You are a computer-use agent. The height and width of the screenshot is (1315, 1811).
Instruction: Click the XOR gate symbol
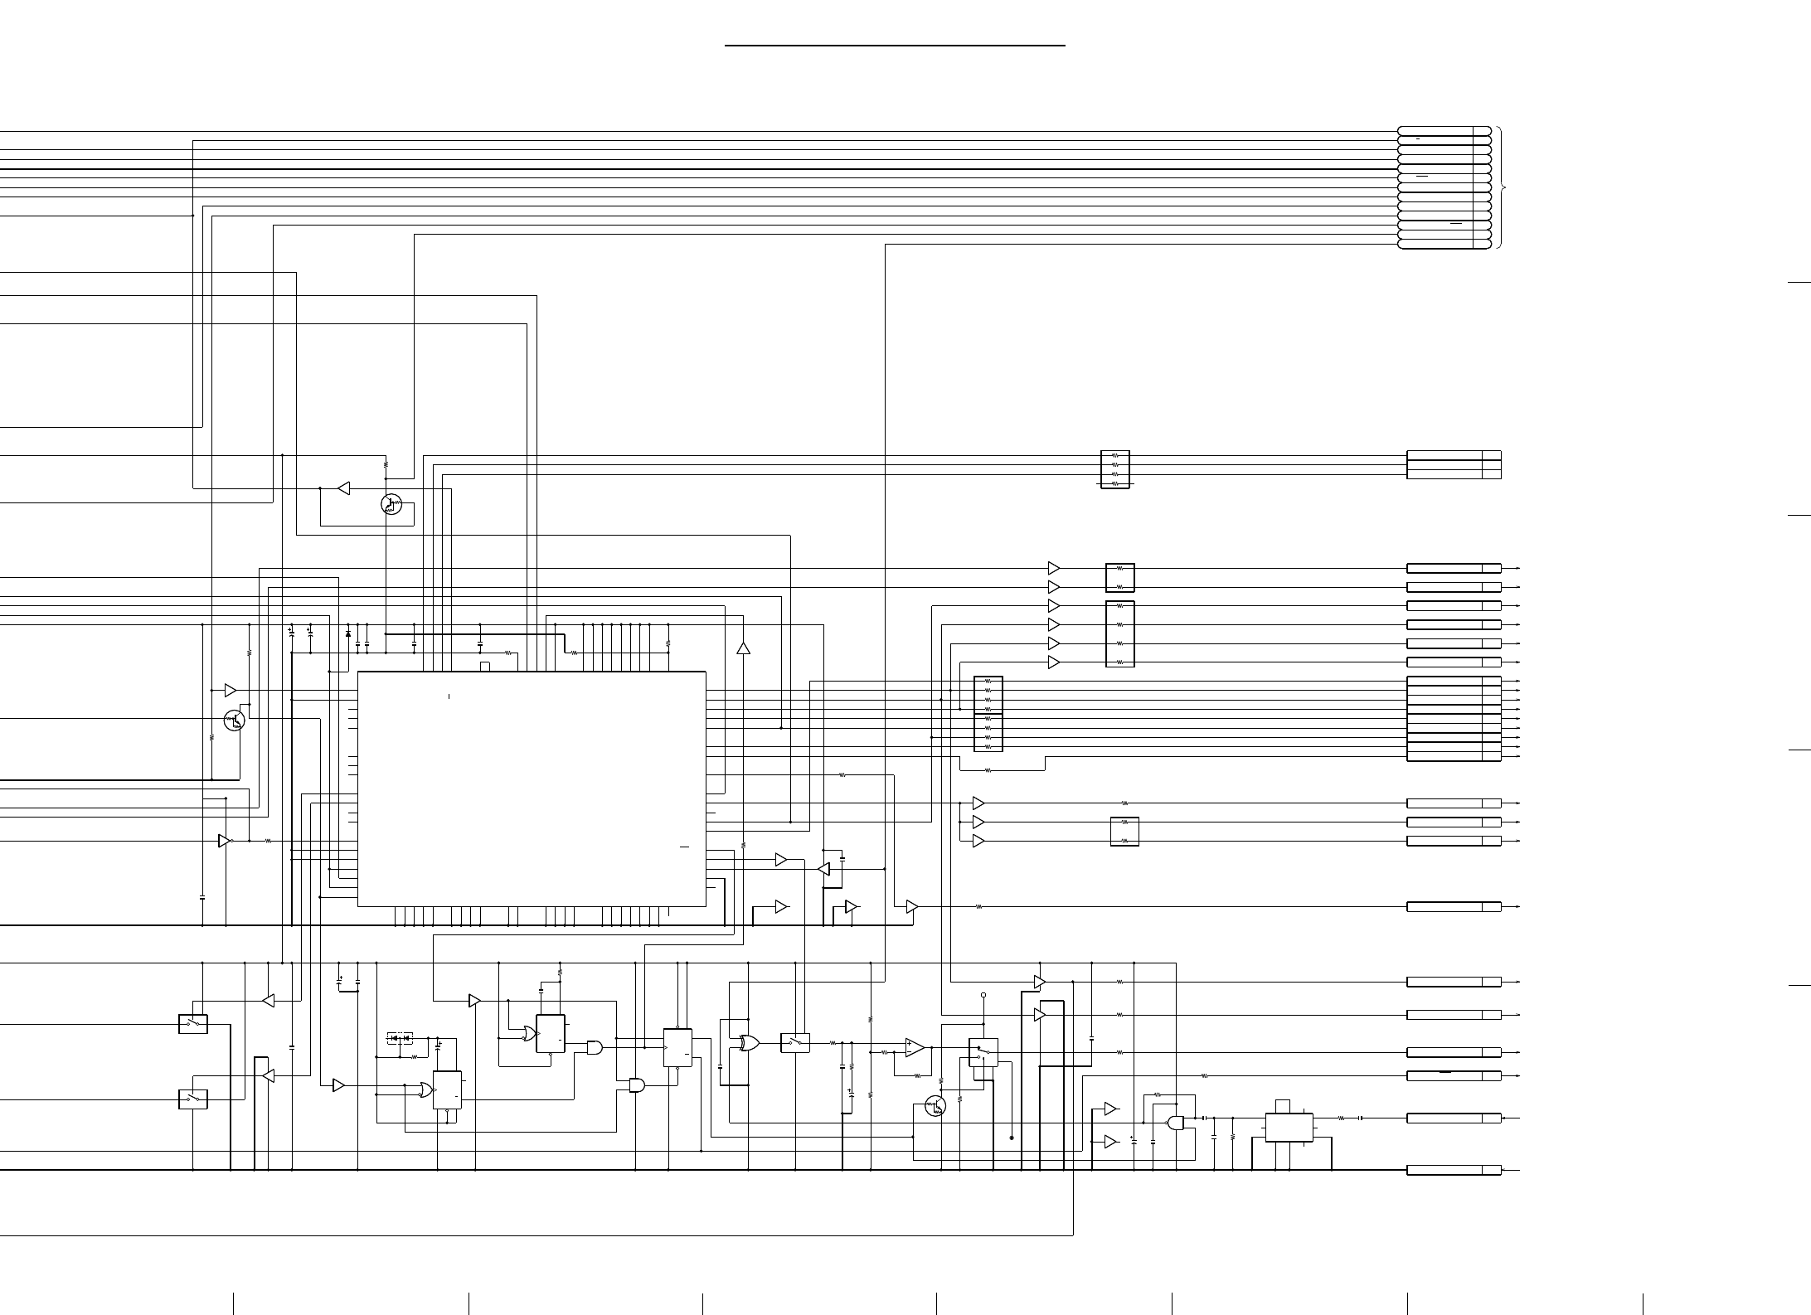tap(749, 1043)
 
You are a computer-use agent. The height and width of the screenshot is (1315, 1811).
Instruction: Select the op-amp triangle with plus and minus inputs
tap(915, 1047)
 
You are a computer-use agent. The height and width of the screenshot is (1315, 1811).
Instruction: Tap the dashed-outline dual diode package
tap(401, 1038)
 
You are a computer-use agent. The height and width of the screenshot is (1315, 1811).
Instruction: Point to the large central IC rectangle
tap(532, 789)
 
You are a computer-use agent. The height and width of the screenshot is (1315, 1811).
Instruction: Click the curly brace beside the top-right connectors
tap(1502, 188)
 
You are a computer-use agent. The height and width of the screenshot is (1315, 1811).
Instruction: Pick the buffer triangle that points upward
tap(743, 648)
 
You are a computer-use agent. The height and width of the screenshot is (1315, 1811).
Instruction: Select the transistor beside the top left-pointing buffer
tap(391, 503)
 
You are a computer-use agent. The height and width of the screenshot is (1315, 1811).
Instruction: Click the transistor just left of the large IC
tap(235, 720)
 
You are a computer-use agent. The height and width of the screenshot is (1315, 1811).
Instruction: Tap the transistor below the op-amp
tap(935, 1106)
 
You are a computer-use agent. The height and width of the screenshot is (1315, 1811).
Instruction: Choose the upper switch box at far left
tap(193, 1024)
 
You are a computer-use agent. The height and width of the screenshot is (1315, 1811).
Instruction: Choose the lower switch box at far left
tap(193, 1099)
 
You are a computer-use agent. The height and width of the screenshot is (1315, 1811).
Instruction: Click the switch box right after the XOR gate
tap(795, 1043)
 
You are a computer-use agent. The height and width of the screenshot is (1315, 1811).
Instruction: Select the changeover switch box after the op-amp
tap(983, 1052)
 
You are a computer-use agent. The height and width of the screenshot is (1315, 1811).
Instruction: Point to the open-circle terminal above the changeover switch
tap(983, 995)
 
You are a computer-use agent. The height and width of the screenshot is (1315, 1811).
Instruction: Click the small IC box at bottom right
tap(1289, 1128)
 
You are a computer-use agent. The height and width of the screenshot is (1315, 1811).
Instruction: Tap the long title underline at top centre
tap(895, 46)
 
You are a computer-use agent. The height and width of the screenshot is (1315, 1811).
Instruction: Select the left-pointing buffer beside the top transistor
tap(343, 488)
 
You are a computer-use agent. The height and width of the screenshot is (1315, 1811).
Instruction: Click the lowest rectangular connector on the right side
tap(1454, 1170)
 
